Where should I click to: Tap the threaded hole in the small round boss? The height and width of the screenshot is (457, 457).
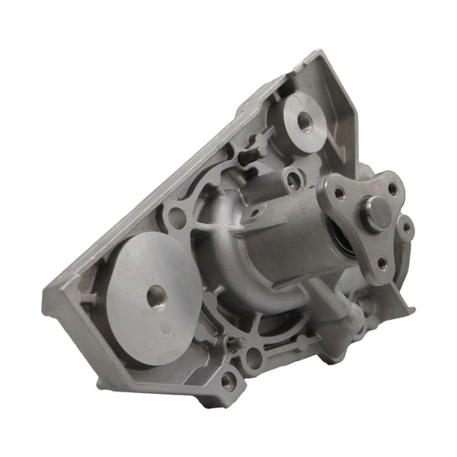306,121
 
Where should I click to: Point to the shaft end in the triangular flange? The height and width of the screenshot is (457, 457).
376,214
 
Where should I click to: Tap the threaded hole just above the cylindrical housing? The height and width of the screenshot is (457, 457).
292,180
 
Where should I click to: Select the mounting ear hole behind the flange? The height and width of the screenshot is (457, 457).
407,227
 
